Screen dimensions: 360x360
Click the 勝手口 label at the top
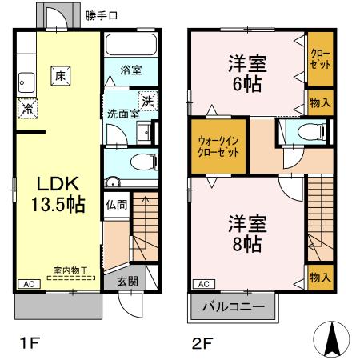102,14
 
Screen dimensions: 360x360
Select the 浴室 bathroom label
131,70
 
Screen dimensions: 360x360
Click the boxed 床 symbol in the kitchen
59,76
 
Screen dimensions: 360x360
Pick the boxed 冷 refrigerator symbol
28,108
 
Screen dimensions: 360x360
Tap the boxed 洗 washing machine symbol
147,101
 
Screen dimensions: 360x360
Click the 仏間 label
116,204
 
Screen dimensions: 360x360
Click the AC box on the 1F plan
27,284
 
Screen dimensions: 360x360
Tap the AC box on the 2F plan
202,283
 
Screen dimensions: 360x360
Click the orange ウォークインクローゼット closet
218,146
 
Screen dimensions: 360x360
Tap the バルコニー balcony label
233,307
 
